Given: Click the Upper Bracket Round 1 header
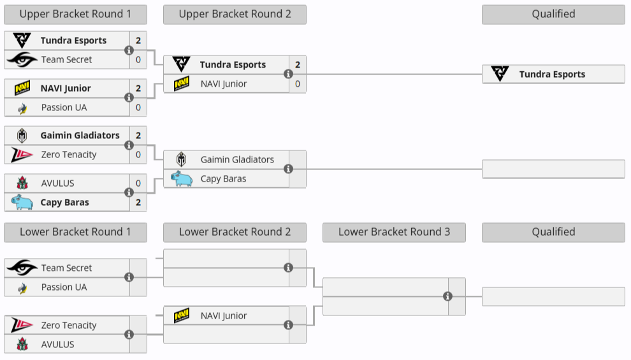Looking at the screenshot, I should point(75,14).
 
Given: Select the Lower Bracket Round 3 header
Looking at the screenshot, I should point(394,232).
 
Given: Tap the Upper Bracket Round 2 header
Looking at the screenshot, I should point(235,14).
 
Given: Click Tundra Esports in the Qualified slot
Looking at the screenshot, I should point(552,74).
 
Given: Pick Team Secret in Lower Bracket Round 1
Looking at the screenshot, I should point(66,268).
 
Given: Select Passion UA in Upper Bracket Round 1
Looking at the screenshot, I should point(64,107).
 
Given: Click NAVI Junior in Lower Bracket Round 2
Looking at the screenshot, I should point(223,315).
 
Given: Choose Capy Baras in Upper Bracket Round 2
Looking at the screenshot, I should point(223,178).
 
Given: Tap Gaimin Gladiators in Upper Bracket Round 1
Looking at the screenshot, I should point(80,135).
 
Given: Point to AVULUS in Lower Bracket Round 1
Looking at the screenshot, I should point(57,344).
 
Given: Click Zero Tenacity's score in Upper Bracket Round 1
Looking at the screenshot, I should point(138,154).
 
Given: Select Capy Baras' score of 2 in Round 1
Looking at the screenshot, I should point(138,202).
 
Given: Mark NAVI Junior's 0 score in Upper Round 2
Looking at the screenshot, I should point(298,83).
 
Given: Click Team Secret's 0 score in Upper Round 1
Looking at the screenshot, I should point(138,59).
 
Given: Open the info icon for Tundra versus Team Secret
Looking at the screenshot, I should point(129,50).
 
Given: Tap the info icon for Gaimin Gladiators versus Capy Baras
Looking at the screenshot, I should point(289,169).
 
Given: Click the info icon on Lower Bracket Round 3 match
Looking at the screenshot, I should point(448,296).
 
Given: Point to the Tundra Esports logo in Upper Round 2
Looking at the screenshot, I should point(182,64).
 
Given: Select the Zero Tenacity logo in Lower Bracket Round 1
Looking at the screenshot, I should point(22,325).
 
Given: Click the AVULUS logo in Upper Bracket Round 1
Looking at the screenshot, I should point(22,184).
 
